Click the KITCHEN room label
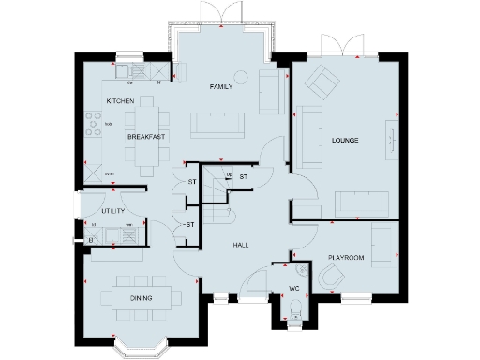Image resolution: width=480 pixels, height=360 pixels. point(120,100)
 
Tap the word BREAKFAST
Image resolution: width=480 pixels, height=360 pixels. point(146,137)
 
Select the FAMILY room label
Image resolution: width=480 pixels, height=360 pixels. point(220,85)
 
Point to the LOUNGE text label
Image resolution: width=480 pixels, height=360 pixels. point(346,141)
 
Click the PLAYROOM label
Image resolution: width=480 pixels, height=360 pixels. point(345,255)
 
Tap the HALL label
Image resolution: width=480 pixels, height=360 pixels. point(240,245)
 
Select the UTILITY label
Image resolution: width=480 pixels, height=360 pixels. point(113,212)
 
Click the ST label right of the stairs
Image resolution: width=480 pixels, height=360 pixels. point(243,177)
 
